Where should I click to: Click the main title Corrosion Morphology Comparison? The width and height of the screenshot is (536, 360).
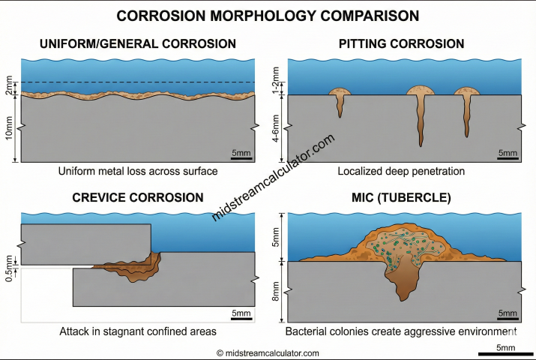tap(268, 15)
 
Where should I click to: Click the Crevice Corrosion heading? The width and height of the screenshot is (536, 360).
tap(137, 197)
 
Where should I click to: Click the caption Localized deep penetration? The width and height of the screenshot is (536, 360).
tap(400, 172)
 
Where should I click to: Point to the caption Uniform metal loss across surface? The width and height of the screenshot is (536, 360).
tap(138, 172)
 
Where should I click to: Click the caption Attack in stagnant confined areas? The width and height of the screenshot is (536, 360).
tap(138, 331)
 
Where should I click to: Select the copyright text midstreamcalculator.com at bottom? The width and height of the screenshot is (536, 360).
tap(268, 352)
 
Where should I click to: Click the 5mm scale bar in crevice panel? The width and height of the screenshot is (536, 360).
tap(241, 316)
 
